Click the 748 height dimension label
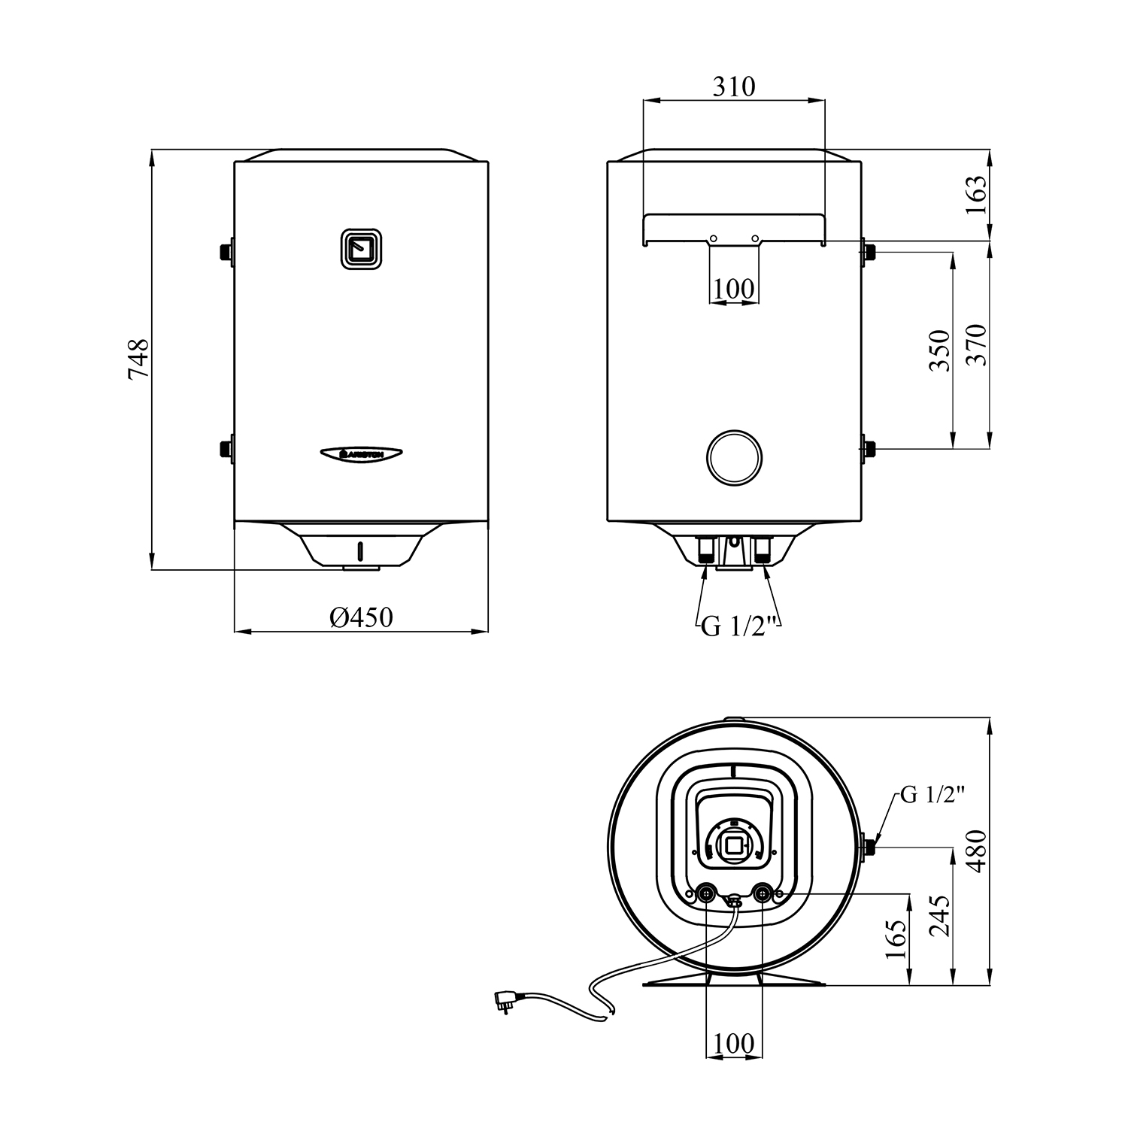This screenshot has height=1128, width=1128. pyautogui.click(x=139, y=359)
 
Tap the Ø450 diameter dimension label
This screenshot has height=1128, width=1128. pyautogui.click(x=362, y=617)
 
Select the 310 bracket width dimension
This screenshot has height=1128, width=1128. pyautogui.click(x=734, y=86)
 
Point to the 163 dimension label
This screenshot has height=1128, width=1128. pyautogui.click(x=975, y=196)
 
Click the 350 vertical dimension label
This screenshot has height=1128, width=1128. pyautogui.click(x=940, y=350)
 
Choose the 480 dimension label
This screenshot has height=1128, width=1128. pyautogui.click(x=975, y=851)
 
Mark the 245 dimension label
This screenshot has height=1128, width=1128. pyautogui.click(x=940, y=915)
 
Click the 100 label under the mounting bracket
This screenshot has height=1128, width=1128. pyautogui.click(x=734, y=288)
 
